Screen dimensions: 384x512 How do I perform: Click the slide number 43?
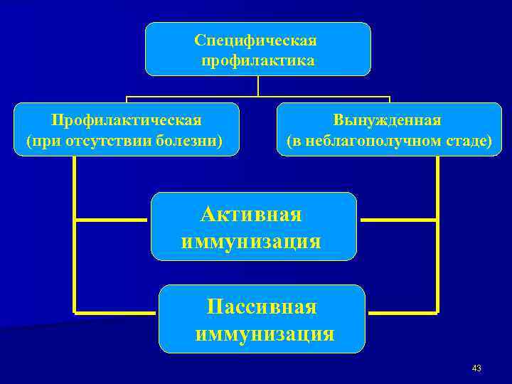(x=476, y=368)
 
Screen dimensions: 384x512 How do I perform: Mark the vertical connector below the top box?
(x=258, y=85)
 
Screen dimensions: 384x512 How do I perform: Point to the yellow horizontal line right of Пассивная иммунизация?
(x=402, y=311)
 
